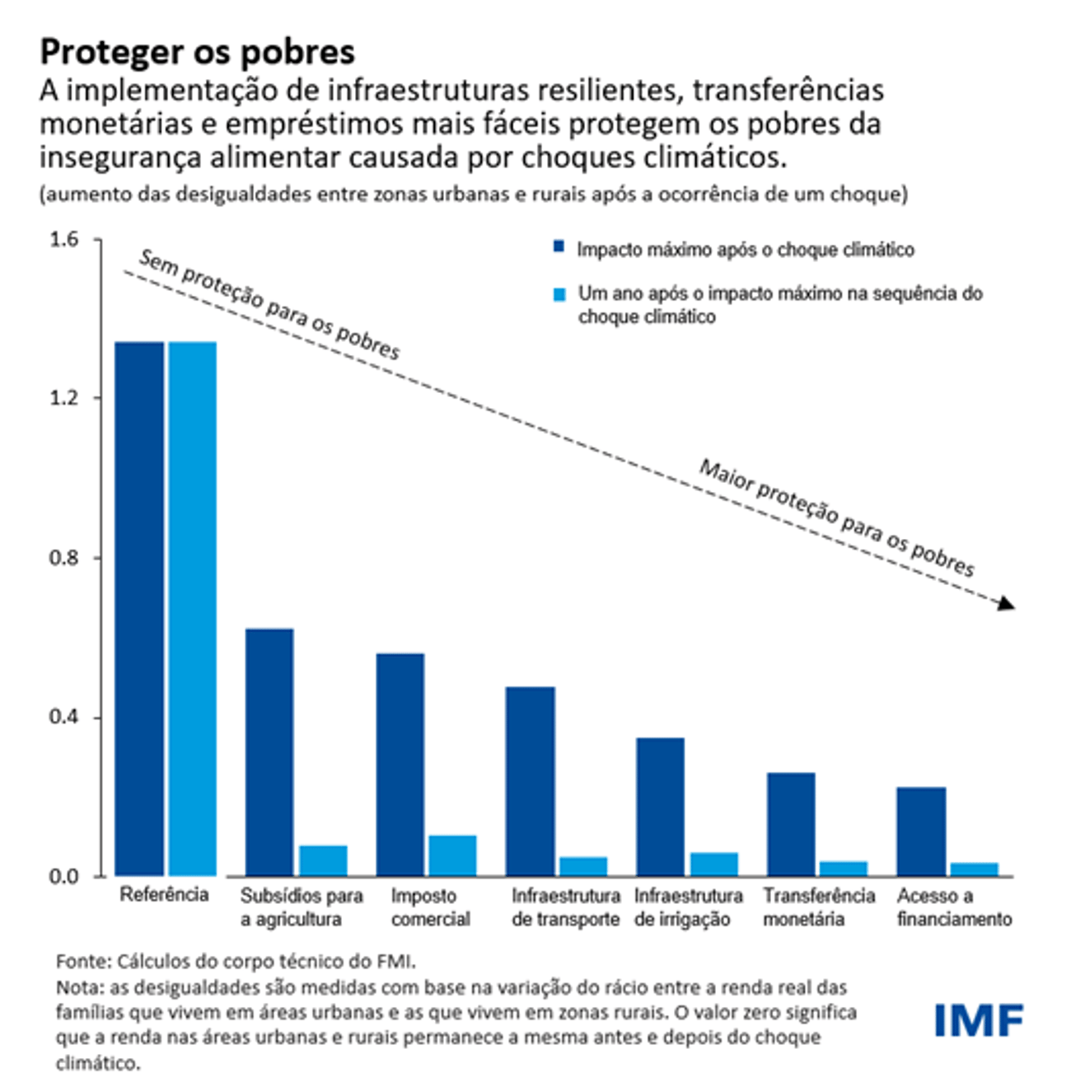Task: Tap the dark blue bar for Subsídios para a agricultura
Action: coord(269,752)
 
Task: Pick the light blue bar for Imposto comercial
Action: coord(452,855)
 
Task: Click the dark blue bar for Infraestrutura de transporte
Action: coord(531,780)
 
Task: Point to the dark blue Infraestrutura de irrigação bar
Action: coord(660,806)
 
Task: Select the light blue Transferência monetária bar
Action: coord(844,868)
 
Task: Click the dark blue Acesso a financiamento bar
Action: coord(921,831)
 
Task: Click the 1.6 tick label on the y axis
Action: coord(63,240)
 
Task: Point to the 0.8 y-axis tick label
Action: coord(63,558)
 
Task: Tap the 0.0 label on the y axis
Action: coord(63,877)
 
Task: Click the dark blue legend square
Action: coord(559,247)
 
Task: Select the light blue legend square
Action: coord(559,294)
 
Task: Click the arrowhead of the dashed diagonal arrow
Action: coord(1007,604)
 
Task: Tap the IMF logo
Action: coord(979,1021)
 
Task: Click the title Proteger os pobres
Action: coord(198,52)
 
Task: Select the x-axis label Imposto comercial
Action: coord(430,907)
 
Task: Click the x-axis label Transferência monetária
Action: coord(818,907)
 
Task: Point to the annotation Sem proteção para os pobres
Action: coord(269,305)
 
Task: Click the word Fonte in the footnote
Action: coord(82,961)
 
